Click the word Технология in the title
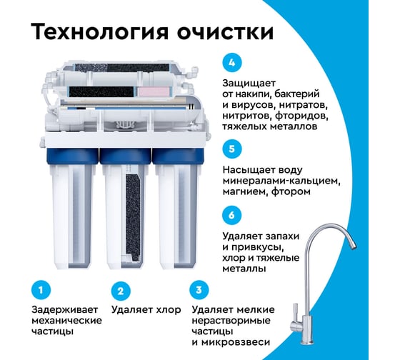(x=94, y=34)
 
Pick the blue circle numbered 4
(x=231, y=61)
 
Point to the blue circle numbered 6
(x=231, y=215)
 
